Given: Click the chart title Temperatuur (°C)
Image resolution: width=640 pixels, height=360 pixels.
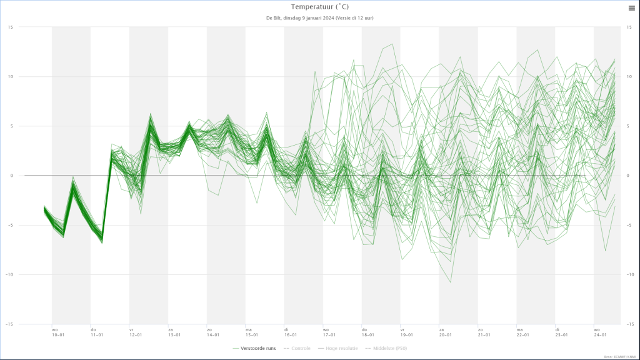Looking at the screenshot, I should click(x=319, y=7).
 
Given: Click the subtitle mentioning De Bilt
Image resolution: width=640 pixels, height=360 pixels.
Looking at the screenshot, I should click(x=319, y=18).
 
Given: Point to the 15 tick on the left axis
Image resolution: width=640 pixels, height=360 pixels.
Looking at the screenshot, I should click(x=11, y=27).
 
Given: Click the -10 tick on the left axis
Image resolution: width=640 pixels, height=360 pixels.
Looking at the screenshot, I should click(x=9, y=274).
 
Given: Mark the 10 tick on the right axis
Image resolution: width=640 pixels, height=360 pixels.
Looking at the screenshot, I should click(x=629, y=76).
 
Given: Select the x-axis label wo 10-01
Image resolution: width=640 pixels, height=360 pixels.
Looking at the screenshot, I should click(x=57, y=332).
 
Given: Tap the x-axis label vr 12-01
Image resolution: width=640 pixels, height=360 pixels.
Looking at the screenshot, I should click(x=135, y=332).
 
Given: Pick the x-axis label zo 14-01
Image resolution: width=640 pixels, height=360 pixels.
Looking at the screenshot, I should click(x=212, y=332).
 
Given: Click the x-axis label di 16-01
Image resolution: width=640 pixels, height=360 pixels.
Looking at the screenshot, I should click(x=290, y=332).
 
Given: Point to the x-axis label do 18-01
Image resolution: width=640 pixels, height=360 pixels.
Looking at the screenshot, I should click(x=367, y=332).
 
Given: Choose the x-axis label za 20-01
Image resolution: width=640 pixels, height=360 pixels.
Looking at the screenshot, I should click(x=445, y=332).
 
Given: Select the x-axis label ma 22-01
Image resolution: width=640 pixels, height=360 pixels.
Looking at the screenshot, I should click(x=522, y=332).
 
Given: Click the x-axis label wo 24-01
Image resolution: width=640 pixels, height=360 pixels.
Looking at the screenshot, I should click(x=600, y=332).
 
